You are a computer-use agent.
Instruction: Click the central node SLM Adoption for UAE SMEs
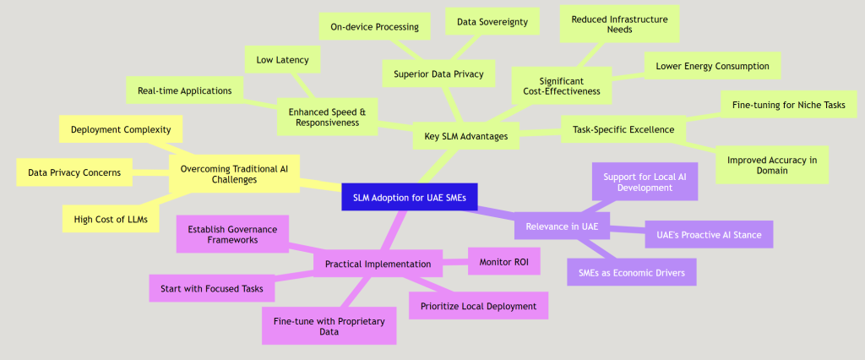[410, 199]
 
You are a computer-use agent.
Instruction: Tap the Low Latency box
[282, 60]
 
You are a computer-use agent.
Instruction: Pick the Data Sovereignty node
[492, 22]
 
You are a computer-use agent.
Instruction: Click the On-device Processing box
[375, 26]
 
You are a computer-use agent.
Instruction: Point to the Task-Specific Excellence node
[623, 129]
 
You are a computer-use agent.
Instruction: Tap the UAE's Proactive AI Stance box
[709, 233]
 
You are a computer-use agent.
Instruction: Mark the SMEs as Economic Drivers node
[632, 271]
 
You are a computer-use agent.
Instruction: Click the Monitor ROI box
[503, 261]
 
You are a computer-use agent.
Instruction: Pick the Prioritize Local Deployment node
[478, 305]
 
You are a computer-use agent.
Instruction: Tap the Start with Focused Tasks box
[212, 288]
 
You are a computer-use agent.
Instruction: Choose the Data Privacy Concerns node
[74, 172]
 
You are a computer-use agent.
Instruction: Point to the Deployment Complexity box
[121, 129]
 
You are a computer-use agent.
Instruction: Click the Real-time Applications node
[185, 90]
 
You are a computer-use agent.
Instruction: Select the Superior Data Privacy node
[438, 74]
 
